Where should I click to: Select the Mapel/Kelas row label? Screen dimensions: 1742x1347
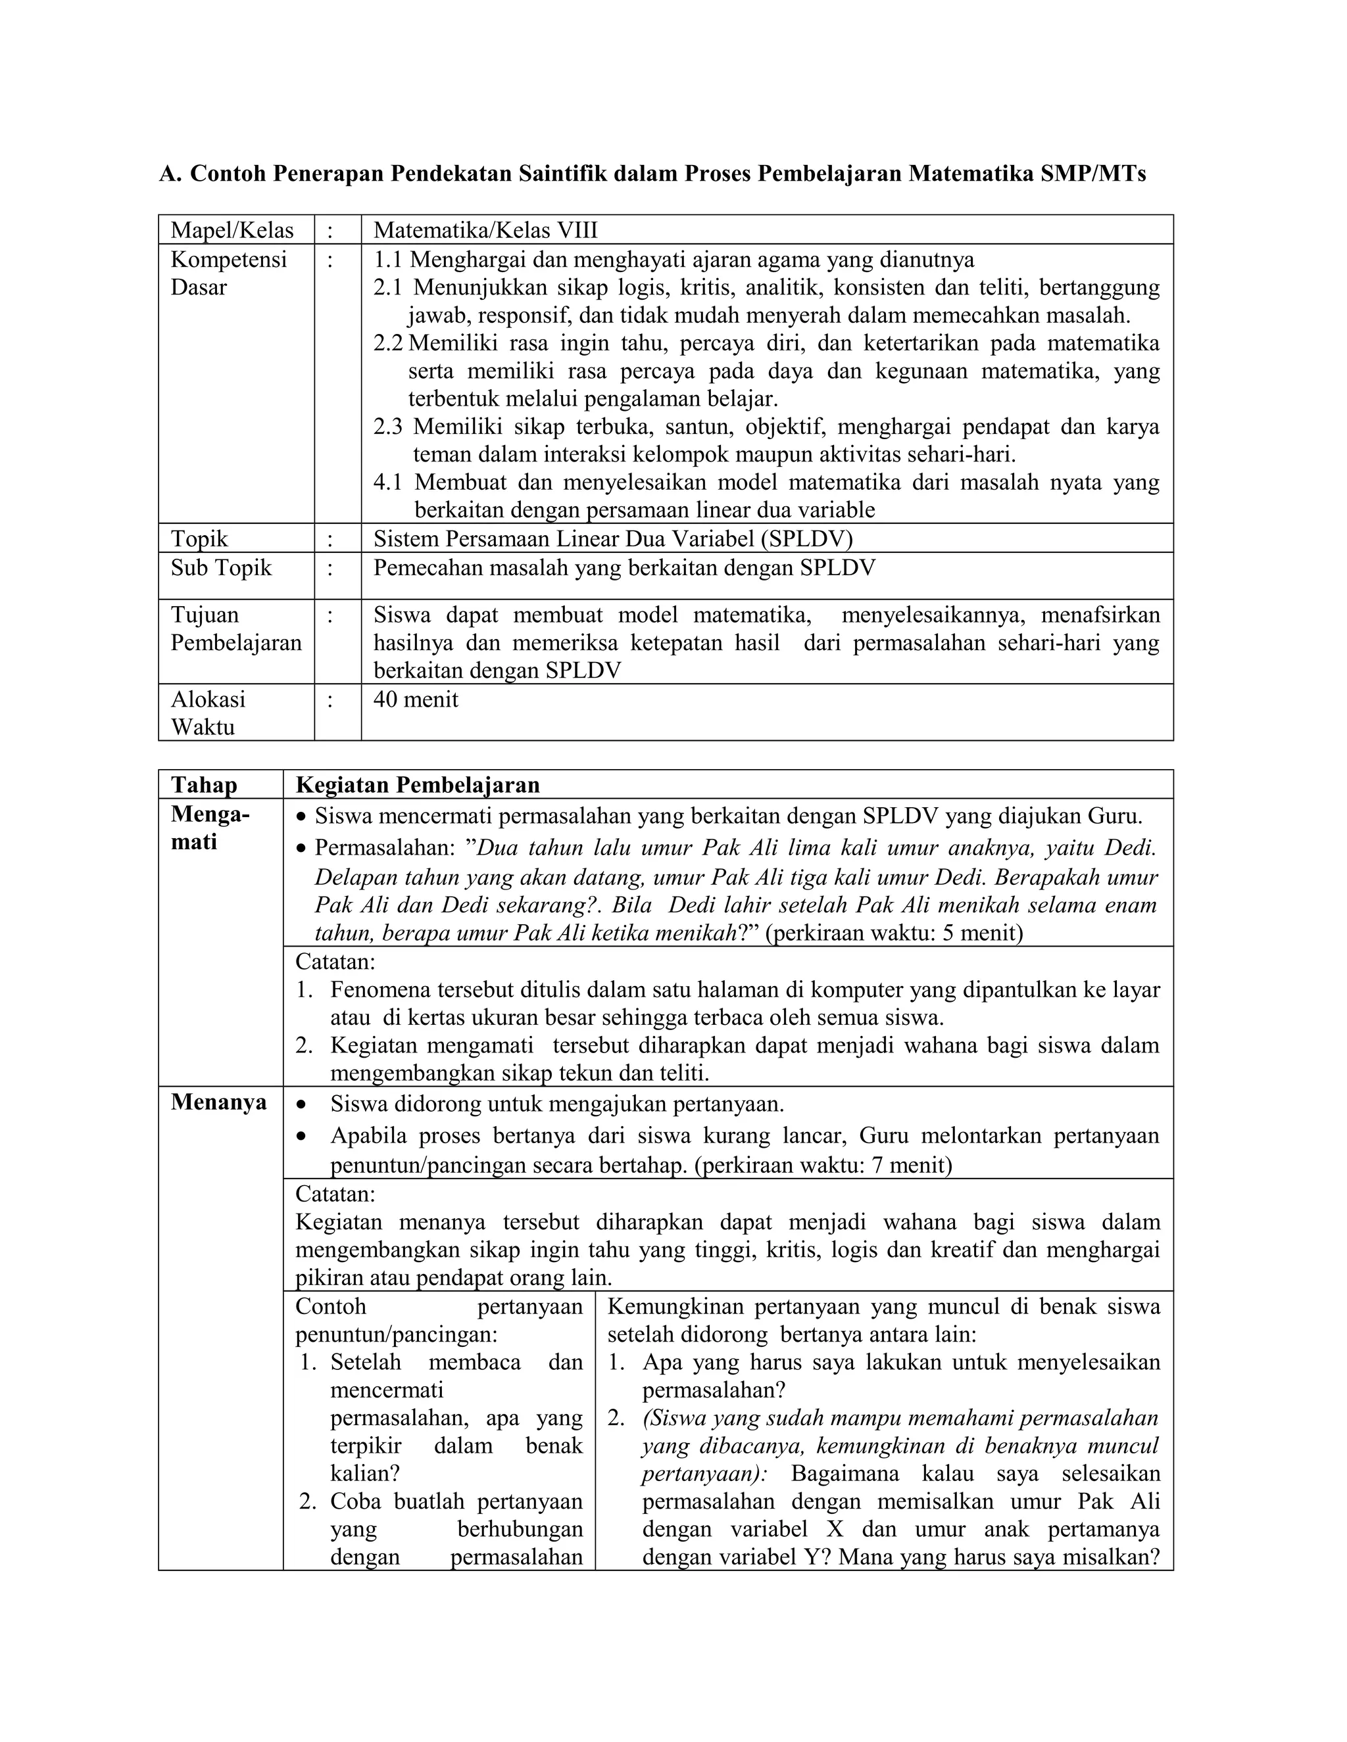point(232,231)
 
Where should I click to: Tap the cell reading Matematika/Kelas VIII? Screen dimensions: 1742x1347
point(485,231)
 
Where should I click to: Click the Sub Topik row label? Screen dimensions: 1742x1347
point(221,568)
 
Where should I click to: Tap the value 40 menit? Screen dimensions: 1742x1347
point(416,699)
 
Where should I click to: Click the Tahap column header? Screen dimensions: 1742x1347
point(205,785)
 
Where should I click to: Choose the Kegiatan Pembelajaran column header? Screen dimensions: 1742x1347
point(418,785)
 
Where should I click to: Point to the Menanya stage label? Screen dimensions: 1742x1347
point(218,1102)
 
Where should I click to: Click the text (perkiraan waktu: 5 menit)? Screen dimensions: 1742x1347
point(894,932)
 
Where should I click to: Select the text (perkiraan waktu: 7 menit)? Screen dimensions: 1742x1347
point(823,1165)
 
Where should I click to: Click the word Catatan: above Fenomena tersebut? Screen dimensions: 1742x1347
point(335,961)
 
